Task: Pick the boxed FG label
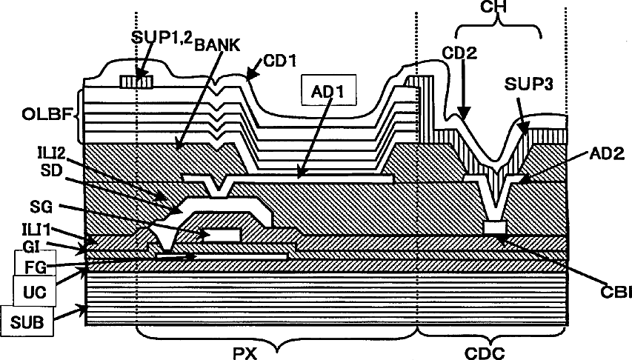pyautogui.click(x=33, y=264)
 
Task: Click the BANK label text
pyautogui.click(x=215, y=44)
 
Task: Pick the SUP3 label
pyautogui.click(x=527, y=85)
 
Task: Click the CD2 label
pyautogui.click(x=461, y=53)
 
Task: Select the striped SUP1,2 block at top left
pyautogui.click(x=136, y=81)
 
